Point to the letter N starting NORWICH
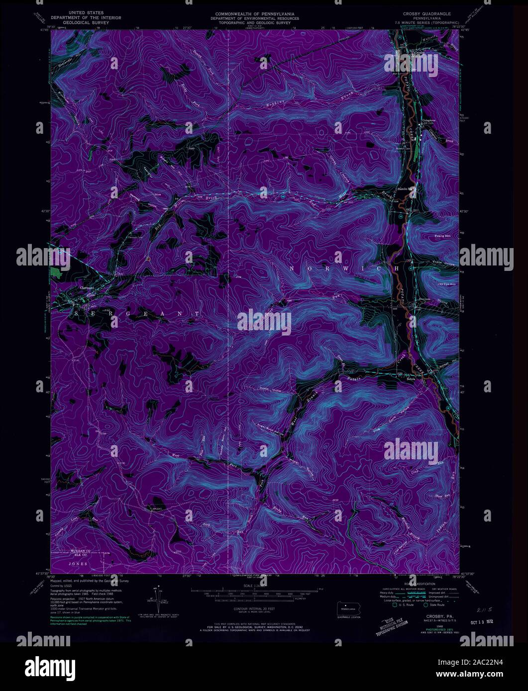pyautogui.click(x=292, y=268)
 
